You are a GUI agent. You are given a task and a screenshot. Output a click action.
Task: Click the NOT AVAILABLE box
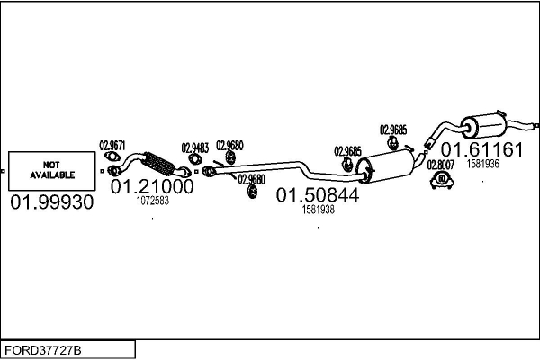[51, 171]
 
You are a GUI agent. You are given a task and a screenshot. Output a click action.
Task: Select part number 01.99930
[52, 202]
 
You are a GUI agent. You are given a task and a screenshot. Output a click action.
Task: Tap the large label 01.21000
[152, 186]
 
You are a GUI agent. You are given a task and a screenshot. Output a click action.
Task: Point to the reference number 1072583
[153, 201]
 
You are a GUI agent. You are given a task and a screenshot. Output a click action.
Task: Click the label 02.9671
[112, 146]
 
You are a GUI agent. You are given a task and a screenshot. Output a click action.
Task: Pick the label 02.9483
[195, 148]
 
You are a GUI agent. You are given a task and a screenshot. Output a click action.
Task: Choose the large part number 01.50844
[318, 195]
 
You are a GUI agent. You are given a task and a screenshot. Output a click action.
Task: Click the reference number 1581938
[319, 210]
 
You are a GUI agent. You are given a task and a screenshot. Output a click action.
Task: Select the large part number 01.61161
[481, 150]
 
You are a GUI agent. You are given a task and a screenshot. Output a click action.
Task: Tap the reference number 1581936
[482, 164]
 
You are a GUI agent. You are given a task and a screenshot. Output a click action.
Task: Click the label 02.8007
[441, 165]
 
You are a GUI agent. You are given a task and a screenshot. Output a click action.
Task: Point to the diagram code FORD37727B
[43, 350]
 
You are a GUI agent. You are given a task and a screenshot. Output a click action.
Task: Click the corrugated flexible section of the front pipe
[157, 163]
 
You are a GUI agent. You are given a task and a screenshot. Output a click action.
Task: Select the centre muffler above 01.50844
[386, 165]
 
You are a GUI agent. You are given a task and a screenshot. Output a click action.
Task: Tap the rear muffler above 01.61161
[483, 126]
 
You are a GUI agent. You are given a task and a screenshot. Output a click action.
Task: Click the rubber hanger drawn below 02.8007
[442, 181]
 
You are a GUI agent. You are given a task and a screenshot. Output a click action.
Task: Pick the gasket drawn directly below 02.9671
[112, 157]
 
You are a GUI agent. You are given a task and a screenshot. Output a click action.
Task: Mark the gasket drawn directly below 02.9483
[195, 159]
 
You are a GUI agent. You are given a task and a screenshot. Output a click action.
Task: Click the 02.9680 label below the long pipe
[251, 179]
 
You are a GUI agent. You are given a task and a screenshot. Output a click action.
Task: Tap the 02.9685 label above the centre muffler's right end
[393, 130]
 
